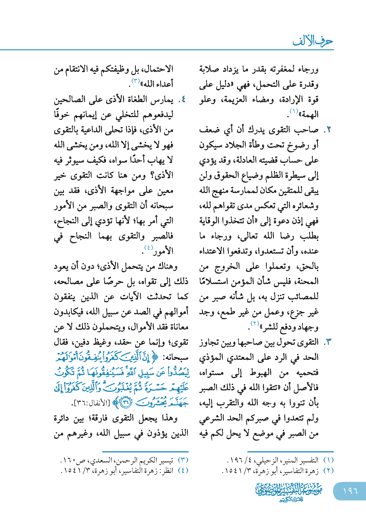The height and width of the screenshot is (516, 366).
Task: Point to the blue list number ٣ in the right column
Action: point(328,342)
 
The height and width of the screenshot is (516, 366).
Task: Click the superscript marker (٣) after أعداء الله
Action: point(136,81)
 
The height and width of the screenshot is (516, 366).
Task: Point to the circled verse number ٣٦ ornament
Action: point(125,403)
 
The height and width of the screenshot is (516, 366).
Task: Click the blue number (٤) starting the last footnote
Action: point(183,470)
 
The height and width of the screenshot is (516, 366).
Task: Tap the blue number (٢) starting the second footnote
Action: point(328,470)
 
